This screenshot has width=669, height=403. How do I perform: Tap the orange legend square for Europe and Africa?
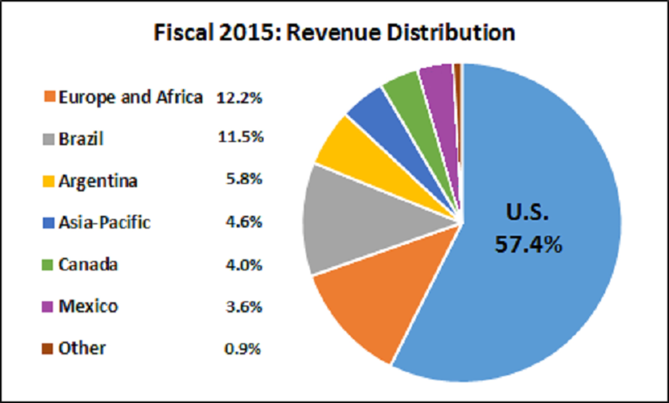(49, 97)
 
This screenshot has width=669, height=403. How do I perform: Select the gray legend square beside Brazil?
(49, 139)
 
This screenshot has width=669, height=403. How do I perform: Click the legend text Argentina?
(98, 181)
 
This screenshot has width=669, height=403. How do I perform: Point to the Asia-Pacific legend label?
(104, 223)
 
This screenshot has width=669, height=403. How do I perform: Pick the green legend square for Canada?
(48, 265)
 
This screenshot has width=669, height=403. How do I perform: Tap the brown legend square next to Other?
(48, 348)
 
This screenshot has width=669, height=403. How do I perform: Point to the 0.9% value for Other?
(242, 348)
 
